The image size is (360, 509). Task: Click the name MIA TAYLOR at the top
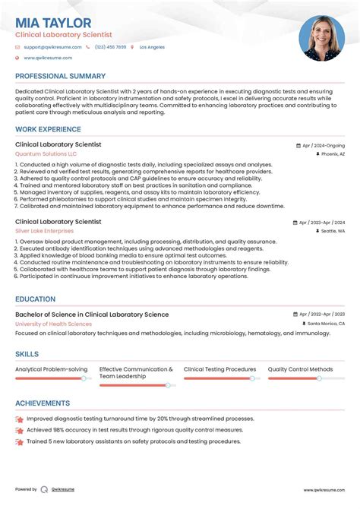point(53,24)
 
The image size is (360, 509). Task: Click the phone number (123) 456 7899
point(111,47)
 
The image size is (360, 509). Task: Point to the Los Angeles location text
point(152,47)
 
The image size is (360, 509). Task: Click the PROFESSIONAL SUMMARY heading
point(60,76)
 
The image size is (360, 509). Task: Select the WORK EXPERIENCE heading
point(49,128)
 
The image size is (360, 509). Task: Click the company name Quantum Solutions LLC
point(46,153)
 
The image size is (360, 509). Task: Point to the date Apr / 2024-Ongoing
point(323,145)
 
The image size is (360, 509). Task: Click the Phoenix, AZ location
point(333,153)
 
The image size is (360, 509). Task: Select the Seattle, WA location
point(333,230)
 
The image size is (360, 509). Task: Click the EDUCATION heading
point(35,299)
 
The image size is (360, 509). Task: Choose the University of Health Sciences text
point(53,324)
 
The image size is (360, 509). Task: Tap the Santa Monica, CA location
point(326,324)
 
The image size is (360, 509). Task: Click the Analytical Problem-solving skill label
point(51,369)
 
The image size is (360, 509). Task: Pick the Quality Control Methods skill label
point(300,369)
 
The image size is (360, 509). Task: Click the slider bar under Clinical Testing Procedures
point(221,378)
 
